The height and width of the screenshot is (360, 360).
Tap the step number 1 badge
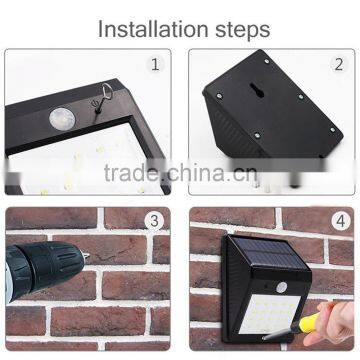(155, 65)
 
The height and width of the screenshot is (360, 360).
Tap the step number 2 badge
(337, 65)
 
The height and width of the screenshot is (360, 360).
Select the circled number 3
(155, 222)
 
